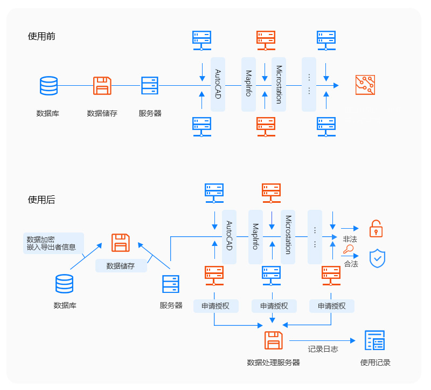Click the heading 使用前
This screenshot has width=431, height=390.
tap(41, 37)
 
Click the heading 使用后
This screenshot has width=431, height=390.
tap(41, 200)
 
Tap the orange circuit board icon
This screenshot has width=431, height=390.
tap(365, 85)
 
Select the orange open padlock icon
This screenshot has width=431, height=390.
tap(376, 229)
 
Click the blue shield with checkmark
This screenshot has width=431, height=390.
tap(377, 258)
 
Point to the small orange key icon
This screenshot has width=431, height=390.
tap(349, 250)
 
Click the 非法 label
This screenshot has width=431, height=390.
tap(350, 239)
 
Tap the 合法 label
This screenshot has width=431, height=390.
tap(351, 264)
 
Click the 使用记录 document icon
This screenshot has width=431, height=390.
tap(375, 341)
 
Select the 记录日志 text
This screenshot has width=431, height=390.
tap(323, 349)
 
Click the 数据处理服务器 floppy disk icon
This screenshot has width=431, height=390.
tap(274, 341)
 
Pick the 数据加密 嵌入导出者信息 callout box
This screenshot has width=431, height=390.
tap(54, 243)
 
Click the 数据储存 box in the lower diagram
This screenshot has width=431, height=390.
tap(121, 265)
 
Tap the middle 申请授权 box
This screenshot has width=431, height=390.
tap(274, 306)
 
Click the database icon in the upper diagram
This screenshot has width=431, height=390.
tap(48, 86)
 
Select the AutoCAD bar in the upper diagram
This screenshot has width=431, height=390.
tap(218, 84)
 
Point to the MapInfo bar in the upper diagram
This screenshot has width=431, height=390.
tap(248, 84)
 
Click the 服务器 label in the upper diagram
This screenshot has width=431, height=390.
tap(150, 113)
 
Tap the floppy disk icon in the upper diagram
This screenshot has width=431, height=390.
tap(102, 86)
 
